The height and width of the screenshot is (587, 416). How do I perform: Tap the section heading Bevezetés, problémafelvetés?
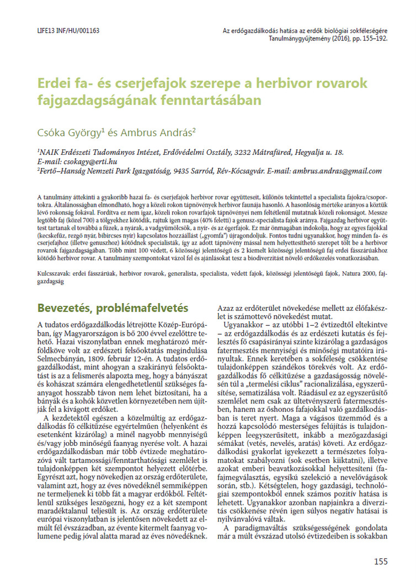[113, 308]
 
